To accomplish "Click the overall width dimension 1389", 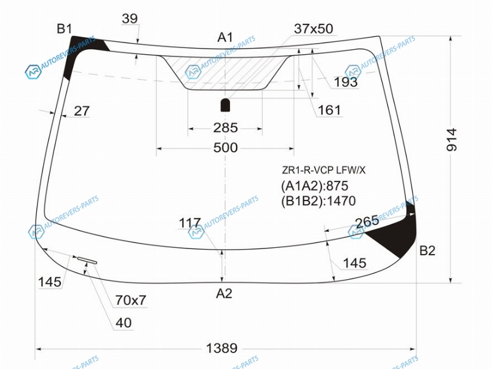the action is pyautogui.click(x=221, y=348).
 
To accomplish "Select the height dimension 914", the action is pyautogui.click(x=452, y=140).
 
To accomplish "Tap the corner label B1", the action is pyautogui.click(x=65, y=29).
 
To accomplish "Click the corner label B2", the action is pyautogui.click(x=427, y=251).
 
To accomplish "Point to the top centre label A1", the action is pyautogui.click(x=225, y=38).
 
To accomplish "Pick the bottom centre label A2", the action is pyautogui.click(x=224, y=293).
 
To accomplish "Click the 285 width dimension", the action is pyautogui.click(x=225, y=128).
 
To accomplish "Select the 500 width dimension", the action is pyautogui.click(x=225, y=148).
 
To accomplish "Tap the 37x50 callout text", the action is pyautogui.click(x=314, y=29).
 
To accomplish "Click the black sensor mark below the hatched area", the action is pyautogui.click(x=225, y=105).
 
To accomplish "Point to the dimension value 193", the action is pyautogui.click(x=346, y=82).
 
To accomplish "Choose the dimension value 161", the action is pyautogui.click(x=329, y=110).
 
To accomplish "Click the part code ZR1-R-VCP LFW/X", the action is pyautogui.click(x=323, y=170).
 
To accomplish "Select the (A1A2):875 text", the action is pyautogui.click(x=314, y=186).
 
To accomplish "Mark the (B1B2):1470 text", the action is pyautogui.click(x=318, y=201).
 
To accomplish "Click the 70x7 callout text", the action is pyautogui.click(x=130, y=300).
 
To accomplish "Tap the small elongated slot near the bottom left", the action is pyautogui.click(x=87, y=260).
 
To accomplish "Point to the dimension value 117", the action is pyautogui.click(x=190, y=223).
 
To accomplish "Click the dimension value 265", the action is pyautogui.click(x=367, y=223).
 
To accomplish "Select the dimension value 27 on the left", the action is pyautogui.click(x=82, y=111).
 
